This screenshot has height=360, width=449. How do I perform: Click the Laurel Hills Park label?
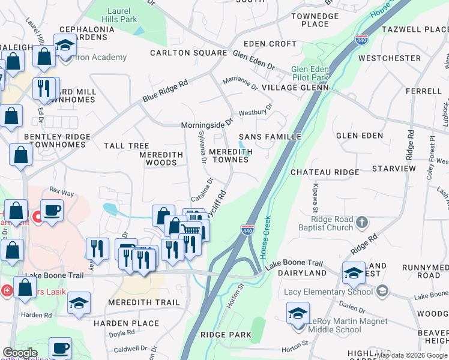point(122,15)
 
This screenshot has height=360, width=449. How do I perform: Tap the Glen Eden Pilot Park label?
point(310,73)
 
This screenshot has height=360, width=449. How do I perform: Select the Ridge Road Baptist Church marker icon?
point(361,223)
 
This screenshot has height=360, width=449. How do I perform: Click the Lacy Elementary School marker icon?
point(382,292)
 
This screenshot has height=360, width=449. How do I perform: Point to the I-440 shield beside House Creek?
point(247,230)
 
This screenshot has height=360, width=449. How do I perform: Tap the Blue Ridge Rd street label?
point(165,91)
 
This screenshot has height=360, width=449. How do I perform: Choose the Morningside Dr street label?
point(206,125)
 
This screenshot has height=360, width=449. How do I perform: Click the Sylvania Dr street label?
point(202,150)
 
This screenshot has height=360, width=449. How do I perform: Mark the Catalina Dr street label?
point(202,189)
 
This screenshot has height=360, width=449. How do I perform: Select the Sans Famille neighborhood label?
point(270,137)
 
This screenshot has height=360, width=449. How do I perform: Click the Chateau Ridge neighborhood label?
point(325,172)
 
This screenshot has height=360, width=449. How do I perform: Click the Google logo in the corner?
point(20,352)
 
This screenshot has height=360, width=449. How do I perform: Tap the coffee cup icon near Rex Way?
point(52,212)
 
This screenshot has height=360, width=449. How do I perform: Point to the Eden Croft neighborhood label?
point(271,44)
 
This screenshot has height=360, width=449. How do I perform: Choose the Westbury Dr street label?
point(256,110)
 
